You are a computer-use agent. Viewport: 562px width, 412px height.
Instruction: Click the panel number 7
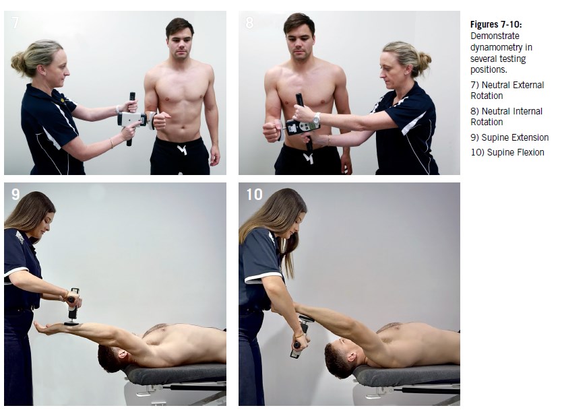tap(15, 22)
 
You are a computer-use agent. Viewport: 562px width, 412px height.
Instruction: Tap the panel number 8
tap(249, 22)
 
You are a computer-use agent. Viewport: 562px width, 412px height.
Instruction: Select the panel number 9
tap(15, 195)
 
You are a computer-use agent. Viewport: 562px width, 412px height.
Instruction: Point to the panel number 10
tap(254, 195)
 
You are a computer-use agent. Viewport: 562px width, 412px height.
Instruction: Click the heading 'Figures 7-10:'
tap(496, 25)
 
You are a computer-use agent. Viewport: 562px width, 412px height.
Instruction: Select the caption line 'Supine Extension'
tap(515, 137)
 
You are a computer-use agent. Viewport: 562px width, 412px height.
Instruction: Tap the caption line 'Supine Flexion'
tap(516, 153)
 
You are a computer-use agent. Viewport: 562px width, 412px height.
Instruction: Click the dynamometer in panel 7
tap(132, 119)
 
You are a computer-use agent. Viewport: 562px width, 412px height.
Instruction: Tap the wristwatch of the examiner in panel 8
tap(316, 118)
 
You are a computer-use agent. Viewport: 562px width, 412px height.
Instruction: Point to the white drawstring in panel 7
tap(182, 149)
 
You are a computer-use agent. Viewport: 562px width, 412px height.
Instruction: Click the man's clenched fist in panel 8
tap(272, 131)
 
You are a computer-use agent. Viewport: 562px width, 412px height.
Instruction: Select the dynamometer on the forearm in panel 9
tap(73, 307)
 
